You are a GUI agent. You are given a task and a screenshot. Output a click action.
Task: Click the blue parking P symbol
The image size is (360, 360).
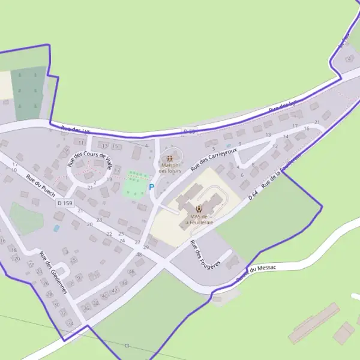pos(151,187)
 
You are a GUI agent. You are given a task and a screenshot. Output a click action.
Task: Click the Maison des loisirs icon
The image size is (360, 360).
pos(169,159)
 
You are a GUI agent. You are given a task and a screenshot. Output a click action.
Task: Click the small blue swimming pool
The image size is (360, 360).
pos(56,228)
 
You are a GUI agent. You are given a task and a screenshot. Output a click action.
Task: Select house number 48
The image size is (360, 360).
pos(139,255)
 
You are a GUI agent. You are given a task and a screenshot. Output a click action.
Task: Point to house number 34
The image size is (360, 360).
pos(70,323)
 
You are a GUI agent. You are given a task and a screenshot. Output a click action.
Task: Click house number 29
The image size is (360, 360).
pos(145,247)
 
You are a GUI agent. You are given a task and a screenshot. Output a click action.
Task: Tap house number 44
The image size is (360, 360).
pos(124,282)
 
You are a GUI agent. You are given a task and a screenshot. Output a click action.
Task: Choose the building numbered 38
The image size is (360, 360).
pos(96,303)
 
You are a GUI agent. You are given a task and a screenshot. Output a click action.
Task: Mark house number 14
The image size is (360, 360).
pos(286,137)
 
